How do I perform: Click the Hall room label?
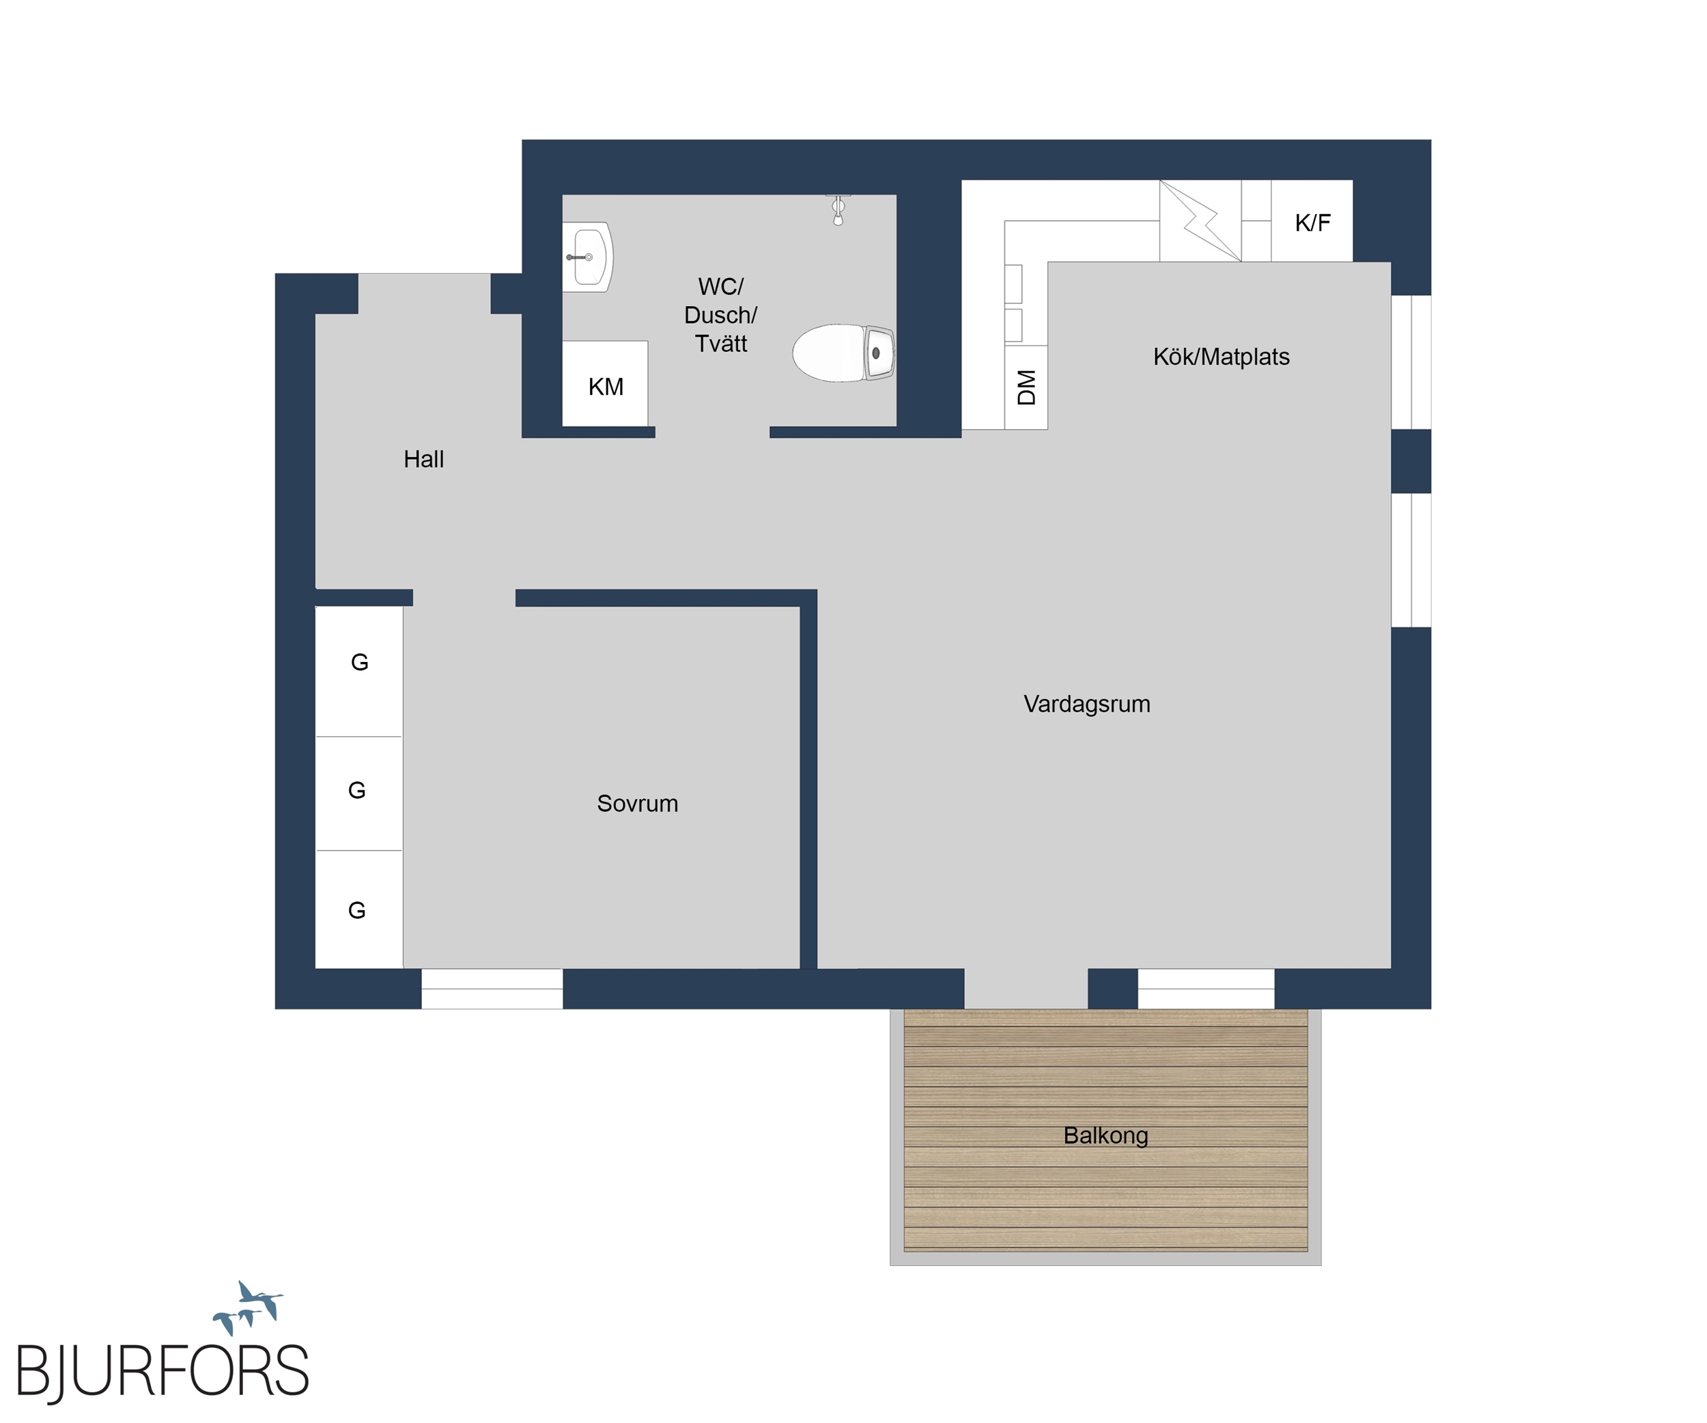(x=423, y=460)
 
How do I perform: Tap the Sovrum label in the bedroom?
(x=637, y=803)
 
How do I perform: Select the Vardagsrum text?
(x=1087, y=704)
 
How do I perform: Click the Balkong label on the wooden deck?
(x=1105, y=1135)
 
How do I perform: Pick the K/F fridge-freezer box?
(x=1312, y=221)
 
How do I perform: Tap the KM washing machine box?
(x=605, y=383)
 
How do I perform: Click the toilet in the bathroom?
(x=844, y=353)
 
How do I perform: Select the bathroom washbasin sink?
(x=587, y=257)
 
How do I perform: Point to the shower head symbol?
(x=838, y=209)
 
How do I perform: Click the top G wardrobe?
(x=358, y=672)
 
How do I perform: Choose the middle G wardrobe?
(x=358, y=794)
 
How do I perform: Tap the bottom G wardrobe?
(x=358, y=909)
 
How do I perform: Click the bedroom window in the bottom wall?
(x=492, y=989)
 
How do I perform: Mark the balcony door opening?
(x=1026, y=989)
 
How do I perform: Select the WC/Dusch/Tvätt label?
(x=720, y=315)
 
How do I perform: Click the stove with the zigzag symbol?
(x=1200, y=221)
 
